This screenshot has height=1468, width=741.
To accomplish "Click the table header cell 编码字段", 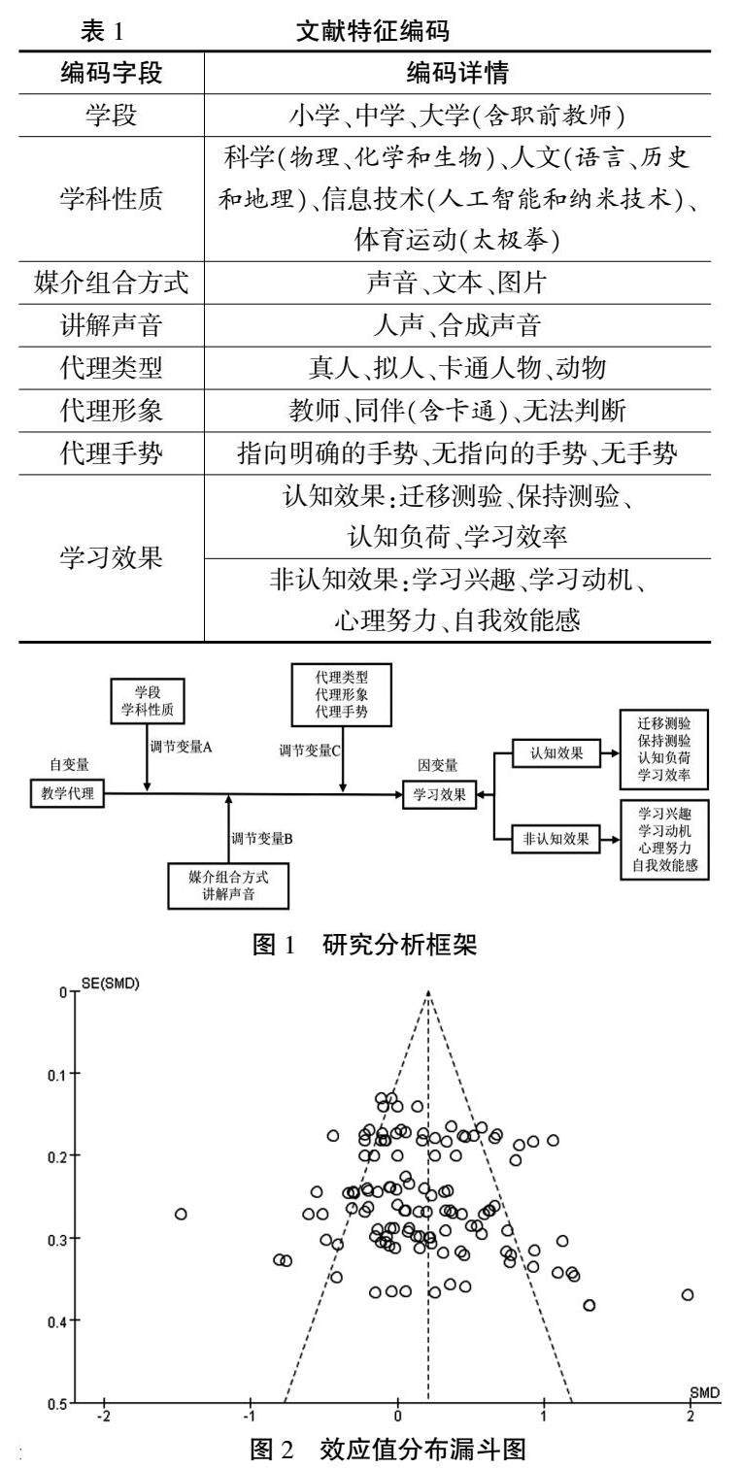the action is coord(111,73).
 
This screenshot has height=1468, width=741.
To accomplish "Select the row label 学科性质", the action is coord(111,199).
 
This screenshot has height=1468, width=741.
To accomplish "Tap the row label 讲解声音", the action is coord(111,325).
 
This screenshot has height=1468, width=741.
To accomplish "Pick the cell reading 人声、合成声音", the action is coord(457,325).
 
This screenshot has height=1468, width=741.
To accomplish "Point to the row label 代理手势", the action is coord(111,452).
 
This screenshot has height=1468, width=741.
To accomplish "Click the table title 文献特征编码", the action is coord(373,31).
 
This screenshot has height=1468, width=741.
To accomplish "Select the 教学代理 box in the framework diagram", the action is coord(68,793).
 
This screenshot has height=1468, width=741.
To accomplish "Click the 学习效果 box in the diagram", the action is coord(439,795).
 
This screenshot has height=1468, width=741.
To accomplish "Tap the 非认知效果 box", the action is coord(556,839).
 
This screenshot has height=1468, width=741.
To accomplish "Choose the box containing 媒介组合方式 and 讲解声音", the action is coord(228,886).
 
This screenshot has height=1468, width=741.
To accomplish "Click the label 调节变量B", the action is coord(261,838).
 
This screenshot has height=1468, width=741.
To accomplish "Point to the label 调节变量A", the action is coord(181,747).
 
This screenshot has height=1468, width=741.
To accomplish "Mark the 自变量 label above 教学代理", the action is coord(69,764).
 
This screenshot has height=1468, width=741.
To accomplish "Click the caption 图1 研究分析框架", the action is coord(364,945).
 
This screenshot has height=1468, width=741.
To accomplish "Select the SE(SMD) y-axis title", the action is coord(110,984).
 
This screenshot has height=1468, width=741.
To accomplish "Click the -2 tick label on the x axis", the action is coord(104,1417).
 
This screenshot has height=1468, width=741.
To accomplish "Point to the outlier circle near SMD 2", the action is coord(688,1294).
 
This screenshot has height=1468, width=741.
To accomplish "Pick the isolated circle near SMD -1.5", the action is coord(181,1214).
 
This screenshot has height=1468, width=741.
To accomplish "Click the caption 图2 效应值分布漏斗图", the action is coord(388,1449).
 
